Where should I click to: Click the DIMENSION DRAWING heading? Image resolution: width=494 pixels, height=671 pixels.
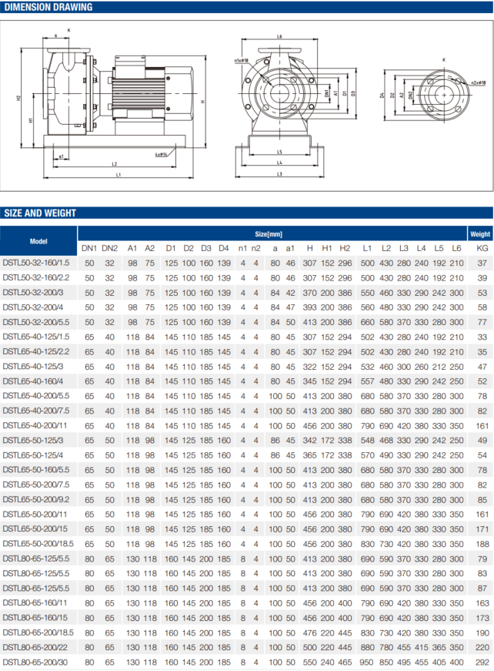(x=48, y=8)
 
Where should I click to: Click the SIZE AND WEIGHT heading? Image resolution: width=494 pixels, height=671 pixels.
(x=40, y=213)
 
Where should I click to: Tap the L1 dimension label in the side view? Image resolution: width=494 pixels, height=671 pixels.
(x=118, y=176)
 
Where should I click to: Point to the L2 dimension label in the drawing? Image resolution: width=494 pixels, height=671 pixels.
(x=114, y=164)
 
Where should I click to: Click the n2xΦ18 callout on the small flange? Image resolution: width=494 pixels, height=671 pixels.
(x=466, y=80)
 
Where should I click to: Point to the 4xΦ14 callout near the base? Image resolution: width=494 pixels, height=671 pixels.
(x=161, y=154)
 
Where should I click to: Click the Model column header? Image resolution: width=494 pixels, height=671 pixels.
(x=38, y=240)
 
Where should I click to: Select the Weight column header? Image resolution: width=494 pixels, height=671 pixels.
(x=480, y=233)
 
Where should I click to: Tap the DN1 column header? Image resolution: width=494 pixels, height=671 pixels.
(x=89, y=248)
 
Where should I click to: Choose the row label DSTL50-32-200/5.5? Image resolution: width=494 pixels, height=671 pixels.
(x=36, y=321)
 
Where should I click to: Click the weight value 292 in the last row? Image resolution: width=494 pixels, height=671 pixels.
(x=482, y=662)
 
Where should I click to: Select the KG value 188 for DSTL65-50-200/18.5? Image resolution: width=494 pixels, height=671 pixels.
(x=482, y=543)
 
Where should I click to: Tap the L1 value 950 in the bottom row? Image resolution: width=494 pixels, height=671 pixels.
(x=368, y=662)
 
